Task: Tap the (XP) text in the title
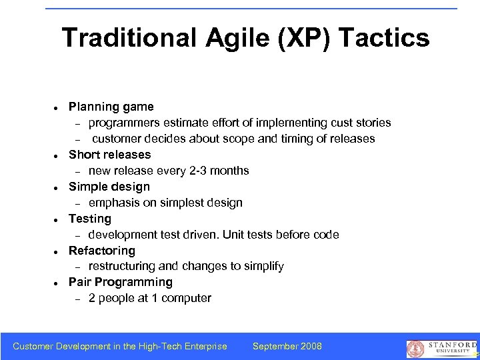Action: [x=299, y=38]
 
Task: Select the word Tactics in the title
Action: [x=384, y=38]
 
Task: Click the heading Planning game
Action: [x=111, y=107]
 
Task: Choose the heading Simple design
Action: [x=109, y=187]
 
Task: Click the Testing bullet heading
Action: [x=90, y=219]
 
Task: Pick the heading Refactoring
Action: [x=102, y=251]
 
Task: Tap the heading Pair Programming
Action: [x=121, y=282]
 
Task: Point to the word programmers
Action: [x=123, y=123]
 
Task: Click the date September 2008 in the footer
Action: [x=287, y=346]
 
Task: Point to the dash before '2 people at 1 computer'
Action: [x=77, y=299]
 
